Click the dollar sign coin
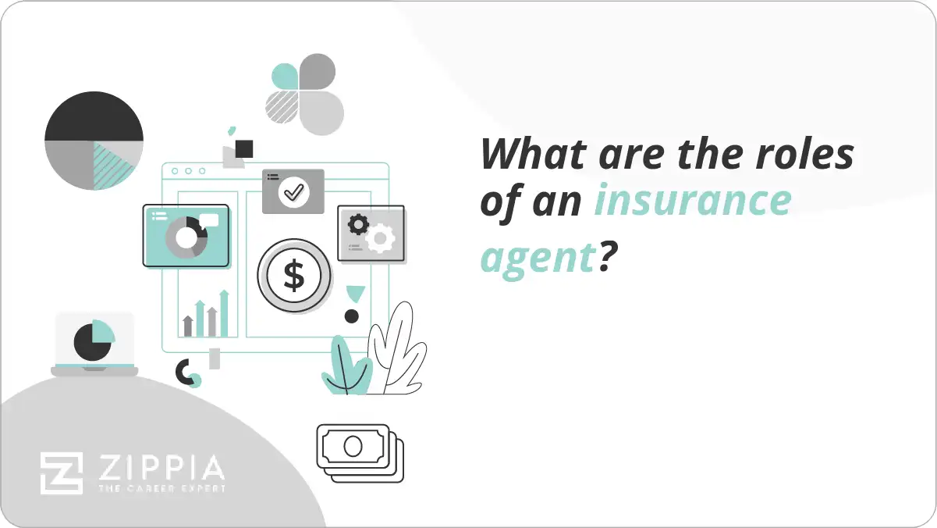294,274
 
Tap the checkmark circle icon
293,191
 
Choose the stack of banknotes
360,453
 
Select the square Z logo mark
61,473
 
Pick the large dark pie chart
94,141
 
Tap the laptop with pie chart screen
94,344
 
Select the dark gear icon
358,225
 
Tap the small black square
244,148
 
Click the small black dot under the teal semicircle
352,316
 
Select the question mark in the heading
602,255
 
